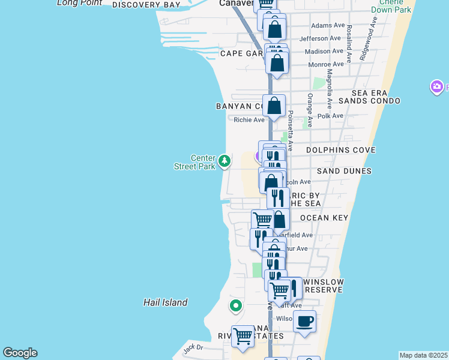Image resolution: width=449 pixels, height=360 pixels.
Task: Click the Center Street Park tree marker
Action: click(224, 160)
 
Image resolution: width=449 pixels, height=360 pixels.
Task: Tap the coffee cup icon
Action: click(304, 322)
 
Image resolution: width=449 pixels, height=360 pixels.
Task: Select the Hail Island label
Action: click(166, 302)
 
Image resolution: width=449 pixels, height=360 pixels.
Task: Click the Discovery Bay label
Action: click(146, 5)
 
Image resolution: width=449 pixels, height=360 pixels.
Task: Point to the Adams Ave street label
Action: click(328, 26)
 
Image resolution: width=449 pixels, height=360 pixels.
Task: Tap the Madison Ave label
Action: click(327, 51)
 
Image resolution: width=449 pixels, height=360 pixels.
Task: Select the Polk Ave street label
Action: click(330, 116)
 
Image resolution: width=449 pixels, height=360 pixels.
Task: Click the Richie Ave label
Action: click(249, 120)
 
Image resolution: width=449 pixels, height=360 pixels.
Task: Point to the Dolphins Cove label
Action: click(341, 150)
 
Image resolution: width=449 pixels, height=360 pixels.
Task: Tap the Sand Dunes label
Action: click(345, 171)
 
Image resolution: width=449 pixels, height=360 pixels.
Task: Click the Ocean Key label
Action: click(324, 217)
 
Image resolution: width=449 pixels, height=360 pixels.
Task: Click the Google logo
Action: click(20, 353)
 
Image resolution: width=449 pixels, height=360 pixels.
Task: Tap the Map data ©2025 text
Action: click(423, 355)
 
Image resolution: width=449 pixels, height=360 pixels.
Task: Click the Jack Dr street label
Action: click(193, 347)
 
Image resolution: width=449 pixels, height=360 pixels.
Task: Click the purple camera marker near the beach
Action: click(437, 88)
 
